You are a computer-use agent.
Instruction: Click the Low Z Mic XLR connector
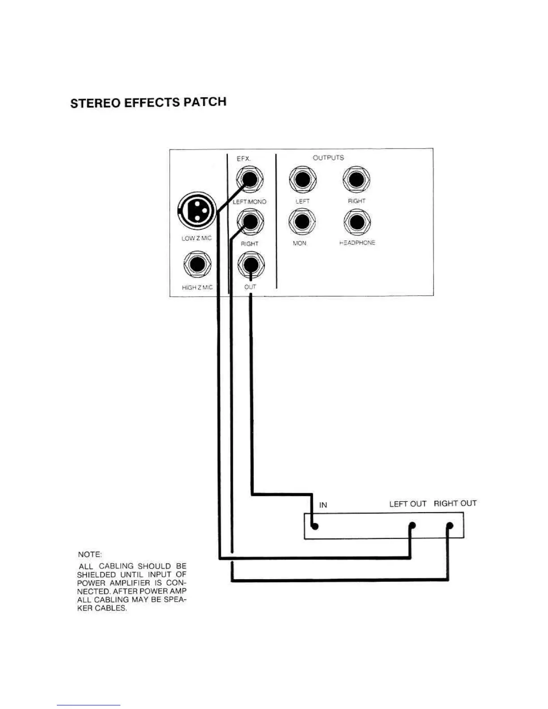coord(197,211)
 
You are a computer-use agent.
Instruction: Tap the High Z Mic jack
coord(197,264)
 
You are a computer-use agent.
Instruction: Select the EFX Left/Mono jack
coord(250,179)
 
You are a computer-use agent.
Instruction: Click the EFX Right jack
coord(250,222)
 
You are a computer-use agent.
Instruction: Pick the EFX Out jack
coord(251,264)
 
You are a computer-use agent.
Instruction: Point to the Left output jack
coord(303,179)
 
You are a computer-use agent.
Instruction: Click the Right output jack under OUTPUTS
coord(356,179)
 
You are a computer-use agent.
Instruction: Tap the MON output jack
coord(303,222)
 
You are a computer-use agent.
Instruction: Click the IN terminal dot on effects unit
coord(315,526)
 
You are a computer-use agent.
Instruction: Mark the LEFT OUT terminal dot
coord(412,525)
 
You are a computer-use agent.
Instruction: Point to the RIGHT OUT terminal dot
coord(450,525)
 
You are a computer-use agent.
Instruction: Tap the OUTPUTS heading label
coord(328,158)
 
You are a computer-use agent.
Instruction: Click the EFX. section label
coord(244,158)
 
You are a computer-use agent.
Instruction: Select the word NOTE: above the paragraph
coord(90,554)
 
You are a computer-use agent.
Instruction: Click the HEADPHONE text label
coord(357,243)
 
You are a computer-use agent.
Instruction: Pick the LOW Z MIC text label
coord(196,238)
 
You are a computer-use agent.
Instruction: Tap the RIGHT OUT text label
coord(455,504)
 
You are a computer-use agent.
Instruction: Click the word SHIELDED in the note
coord(96,574)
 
